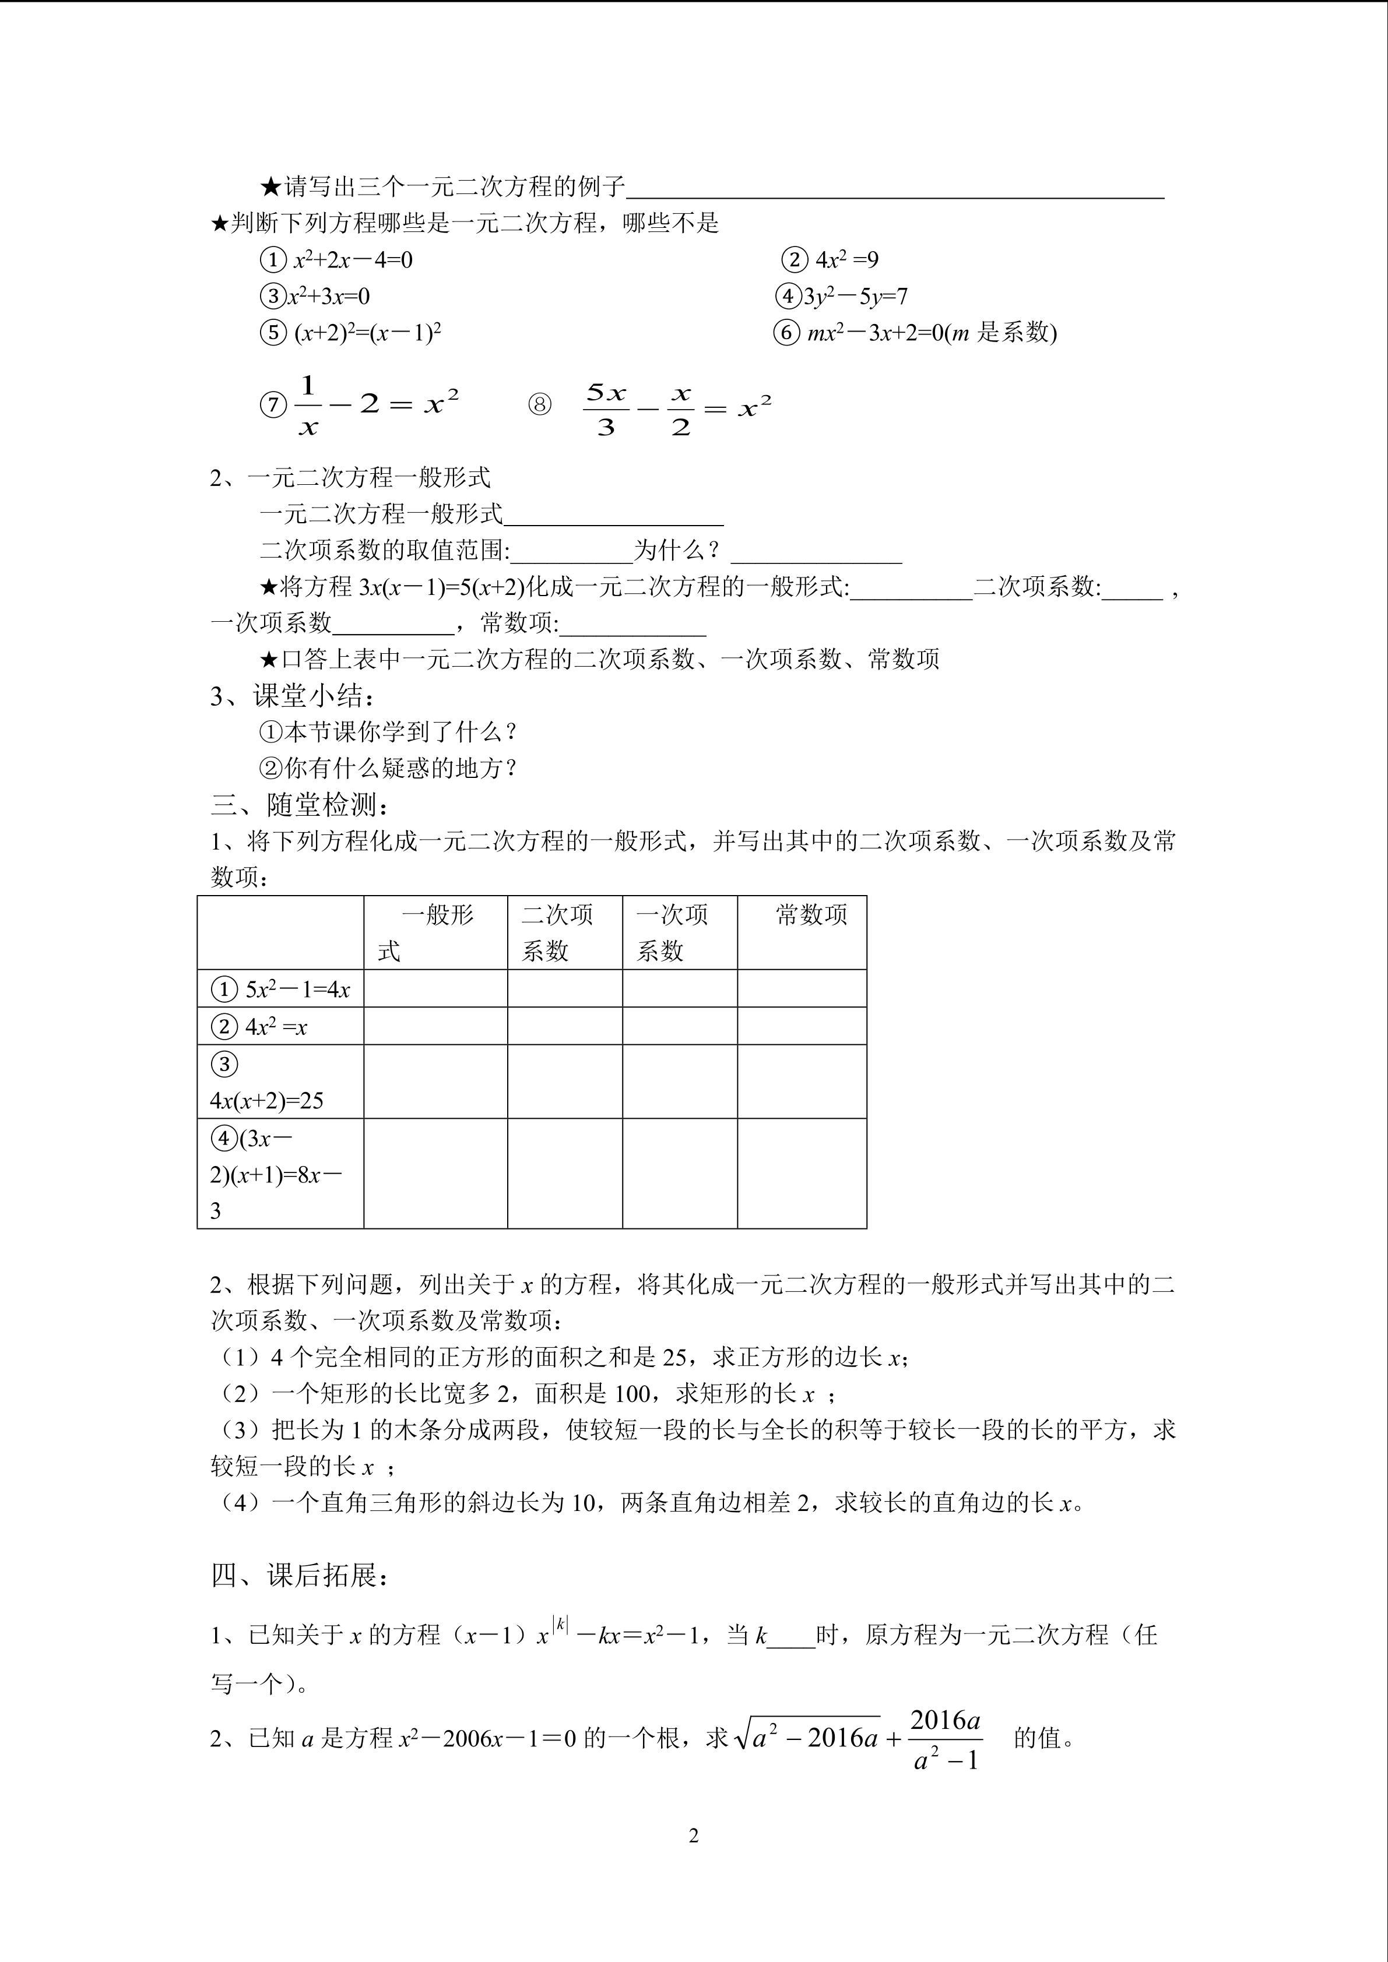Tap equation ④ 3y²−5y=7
coord(842,297)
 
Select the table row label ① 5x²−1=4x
coord(280,989)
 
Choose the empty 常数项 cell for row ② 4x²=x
coord(801,1026)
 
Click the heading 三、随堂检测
coord(301,804)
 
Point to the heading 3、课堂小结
coord(292,696)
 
